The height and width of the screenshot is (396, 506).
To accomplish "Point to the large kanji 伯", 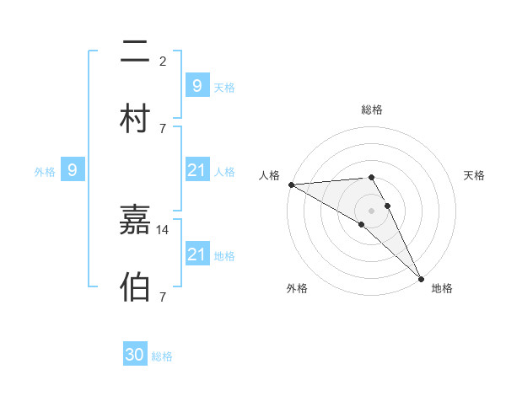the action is coord(135,286).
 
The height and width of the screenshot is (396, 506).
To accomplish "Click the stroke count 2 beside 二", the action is coord(163,61).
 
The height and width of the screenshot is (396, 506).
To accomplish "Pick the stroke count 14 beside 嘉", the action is coord(163,229).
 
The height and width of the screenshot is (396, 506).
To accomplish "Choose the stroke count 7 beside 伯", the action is coord(163,296).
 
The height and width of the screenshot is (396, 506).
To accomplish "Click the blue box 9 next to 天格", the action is coord(196,85).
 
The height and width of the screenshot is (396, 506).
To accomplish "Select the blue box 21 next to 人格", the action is coord(196,170).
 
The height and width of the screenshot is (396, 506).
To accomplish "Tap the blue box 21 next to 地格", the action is coord(196,254).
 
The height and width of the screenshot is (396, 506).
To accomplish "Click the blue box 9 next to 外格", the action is coord(73,170).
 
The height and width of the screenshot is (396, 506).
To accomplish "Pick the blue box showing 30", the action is coord(135,355).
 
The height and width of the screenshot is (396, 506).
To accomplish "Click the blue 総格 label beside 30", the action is coord(162,356).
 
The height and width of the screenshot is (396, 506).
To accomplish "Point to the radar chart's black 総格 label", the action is coord(372,110).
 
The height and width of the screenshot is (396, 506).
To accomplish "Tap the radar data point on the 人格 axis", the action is coord(291,185).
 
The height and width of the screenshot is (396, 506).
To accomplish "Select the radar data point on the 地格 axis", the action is coord(421,278).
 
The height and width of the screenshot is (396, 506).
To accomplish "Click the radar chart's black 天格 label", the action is coord(474,175).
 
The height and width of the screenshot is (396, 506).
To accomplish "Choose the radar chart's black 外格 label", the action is coord(297,288).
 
